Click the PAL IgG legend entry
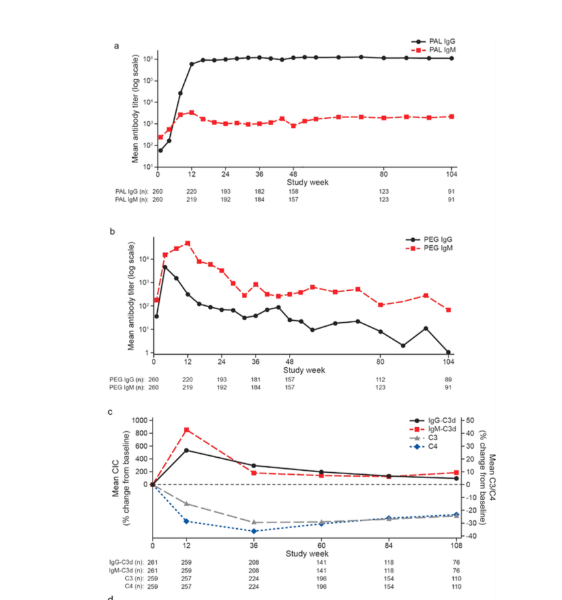(x=437, y=41)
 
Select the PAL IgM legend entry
(x=437, y=50)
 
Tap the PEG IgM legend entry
(x=437, y=248)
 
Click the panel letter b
(x=113, y=230)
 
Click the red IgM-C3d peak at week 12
(x=186, y=430)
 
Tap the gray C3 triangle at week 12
(x=186, y=503)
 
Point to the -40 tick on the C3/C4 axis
(x=470, y=536)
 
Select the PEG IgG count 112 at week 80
(x=381, y=379)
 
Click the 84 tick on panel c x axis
(x=389, y=545)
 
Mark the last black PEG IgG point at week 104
(x=449, y=352)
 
